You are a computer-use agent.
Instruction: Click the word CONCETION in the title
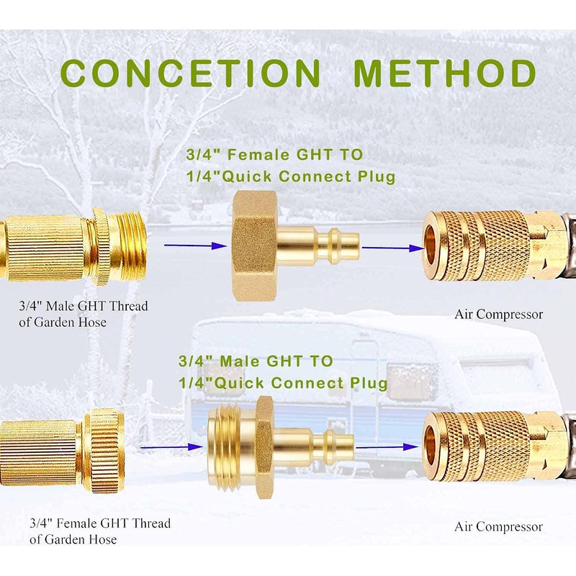coord(191,73)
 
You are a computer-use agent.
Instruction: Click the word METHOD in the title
coord(444,73)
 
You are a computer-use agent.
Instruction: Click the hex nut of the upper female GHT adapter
coord(254,246)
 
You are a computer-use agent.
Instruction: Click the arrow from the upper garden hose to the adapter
coord(195,246)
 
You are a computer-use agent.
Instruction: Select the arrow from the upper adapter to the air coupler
coord(393,248)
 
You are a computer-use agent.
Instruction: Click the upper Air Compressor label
coord(498,315)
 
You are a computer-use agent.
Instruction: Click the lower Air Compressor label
coord(498,527)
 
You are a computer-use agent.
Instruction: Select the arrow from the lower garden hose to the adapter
coord(172,447)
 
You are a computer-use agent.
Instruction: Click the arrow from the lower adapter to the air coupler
coord(387,447)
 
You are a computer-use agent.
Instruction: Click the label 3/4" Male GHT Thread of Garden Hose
coord(84,314)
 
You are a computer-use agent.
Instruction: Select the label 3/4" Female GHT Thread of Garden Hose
coord(100,531)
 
